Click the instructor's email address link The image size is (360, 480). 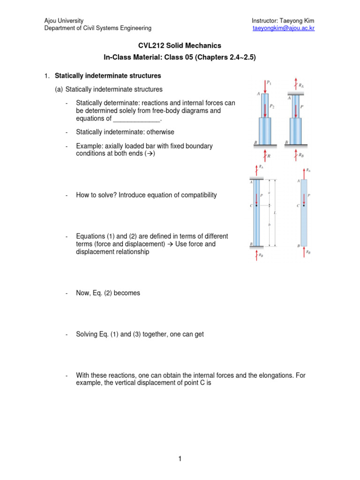pos(283,28)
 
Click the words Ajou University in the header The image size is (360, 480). pos(64,21)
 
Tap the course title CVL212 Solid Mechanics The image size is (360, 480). pos(180,45)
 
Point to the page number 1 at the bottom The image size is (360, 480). pos(180,459)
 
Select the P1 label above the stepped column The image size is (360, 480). pos(269,83)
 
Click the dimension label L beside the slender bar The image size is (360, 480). pos(274,213)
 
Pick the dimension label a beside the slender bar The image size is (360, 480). pos(269,192)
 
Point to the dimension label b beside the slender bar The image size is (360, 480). pos(269,225)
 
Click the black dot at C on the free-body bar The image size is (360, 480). pos(304,205)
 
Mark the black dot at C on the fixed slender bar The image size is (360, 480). pos(256,205)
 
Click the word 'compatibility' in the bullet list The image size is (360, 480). pos(199,195)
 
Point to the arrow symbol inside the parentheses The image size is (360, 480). pos(150,154)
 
